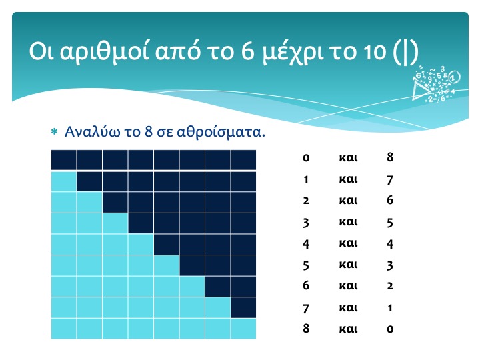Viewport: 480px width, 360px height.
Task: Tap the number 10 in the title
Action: (375, 51)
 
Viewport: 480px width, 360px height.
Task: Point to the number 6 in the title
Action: (247, 51)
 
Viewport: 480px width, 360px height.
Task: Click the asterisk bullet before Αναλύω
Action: (54, 132)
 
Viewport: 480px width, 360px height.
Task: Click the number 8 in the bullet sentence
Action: (148, 131)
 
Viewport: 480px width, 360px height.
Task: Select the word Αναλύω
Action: (92, 132)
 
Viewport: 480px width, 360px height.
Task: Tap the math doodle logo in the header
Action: (436, 83)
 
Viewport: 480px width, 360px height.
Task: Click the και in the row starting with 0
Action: (349, 157)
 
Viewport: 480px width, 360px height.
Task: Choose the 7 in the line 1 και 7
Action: (390, 180)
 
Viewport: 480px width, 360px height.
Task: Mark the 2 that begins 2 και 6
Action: (306, 201)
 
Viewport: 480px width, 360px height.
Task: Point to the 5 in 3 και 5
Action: (390, 223)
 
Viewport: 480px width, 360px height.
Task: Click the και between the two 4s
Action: (349, 243)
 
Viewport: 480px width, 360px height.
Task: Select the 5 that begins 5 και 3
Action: (306, 265)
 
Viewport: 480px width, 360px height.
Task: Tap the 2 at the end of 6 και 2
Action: (390, 286)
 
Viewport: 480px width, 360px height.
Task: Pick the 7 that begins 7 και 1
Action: (306, 309)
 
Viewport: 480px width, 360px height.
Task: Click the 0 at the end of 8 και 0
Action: (390, 329)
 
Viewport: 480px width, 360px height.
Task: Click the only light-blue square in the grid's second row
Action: (64, 181)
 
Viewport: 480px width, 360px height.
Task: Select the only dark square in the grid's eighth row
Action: (243, 307)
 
